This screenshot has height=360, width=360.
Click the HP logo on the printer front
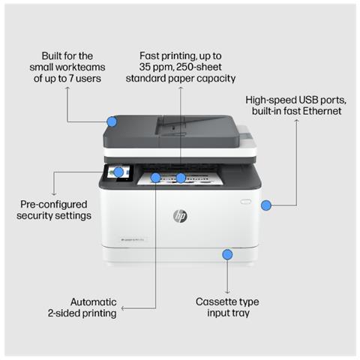(x=180, y=216)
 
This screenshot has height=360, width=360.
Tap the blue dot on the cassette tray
(x=227, y=255)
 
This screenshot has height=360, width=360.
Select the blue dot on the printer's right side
(x=265, y=205)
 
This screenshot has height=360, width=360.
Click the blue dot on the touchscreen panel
(x=118, y=172)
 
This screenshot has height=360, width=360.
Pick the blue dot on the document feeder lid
(x=112, y=121)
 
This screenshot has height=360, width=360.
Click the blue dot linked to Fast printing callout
(x=181, y=178)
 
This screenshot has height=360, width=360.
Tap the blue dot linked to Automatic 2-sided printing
(x=155, y=178)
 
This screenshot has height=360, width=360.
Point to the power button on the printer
(x=244, y=201)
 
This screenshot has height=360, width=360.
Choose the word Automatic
(x=93, y=301)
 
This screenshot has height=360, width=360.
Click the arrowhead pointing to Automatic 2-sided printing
(x=124, y=307)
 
